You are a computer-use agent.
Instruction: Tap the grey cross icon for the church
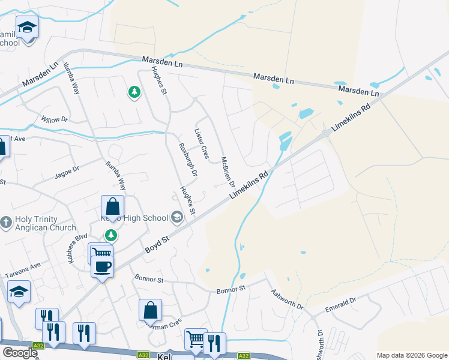coord(6,223)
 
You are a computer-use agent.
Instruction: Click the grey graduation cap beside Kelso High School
coord(177,217)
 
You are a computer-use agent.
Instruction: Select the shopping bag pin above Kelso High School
coord(112,208)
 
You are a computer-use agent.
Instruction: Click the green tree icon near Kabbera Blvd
coord(110,235)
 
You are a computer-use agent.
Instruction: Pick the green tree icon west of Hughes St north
coord(134,92)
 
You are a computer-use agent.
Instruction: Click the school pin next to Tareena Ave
coord(19,292)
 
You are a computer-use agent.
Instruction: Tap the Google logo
coord(20,353)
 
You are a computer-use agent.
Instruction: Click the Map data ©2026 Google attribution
coord(411,355)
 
